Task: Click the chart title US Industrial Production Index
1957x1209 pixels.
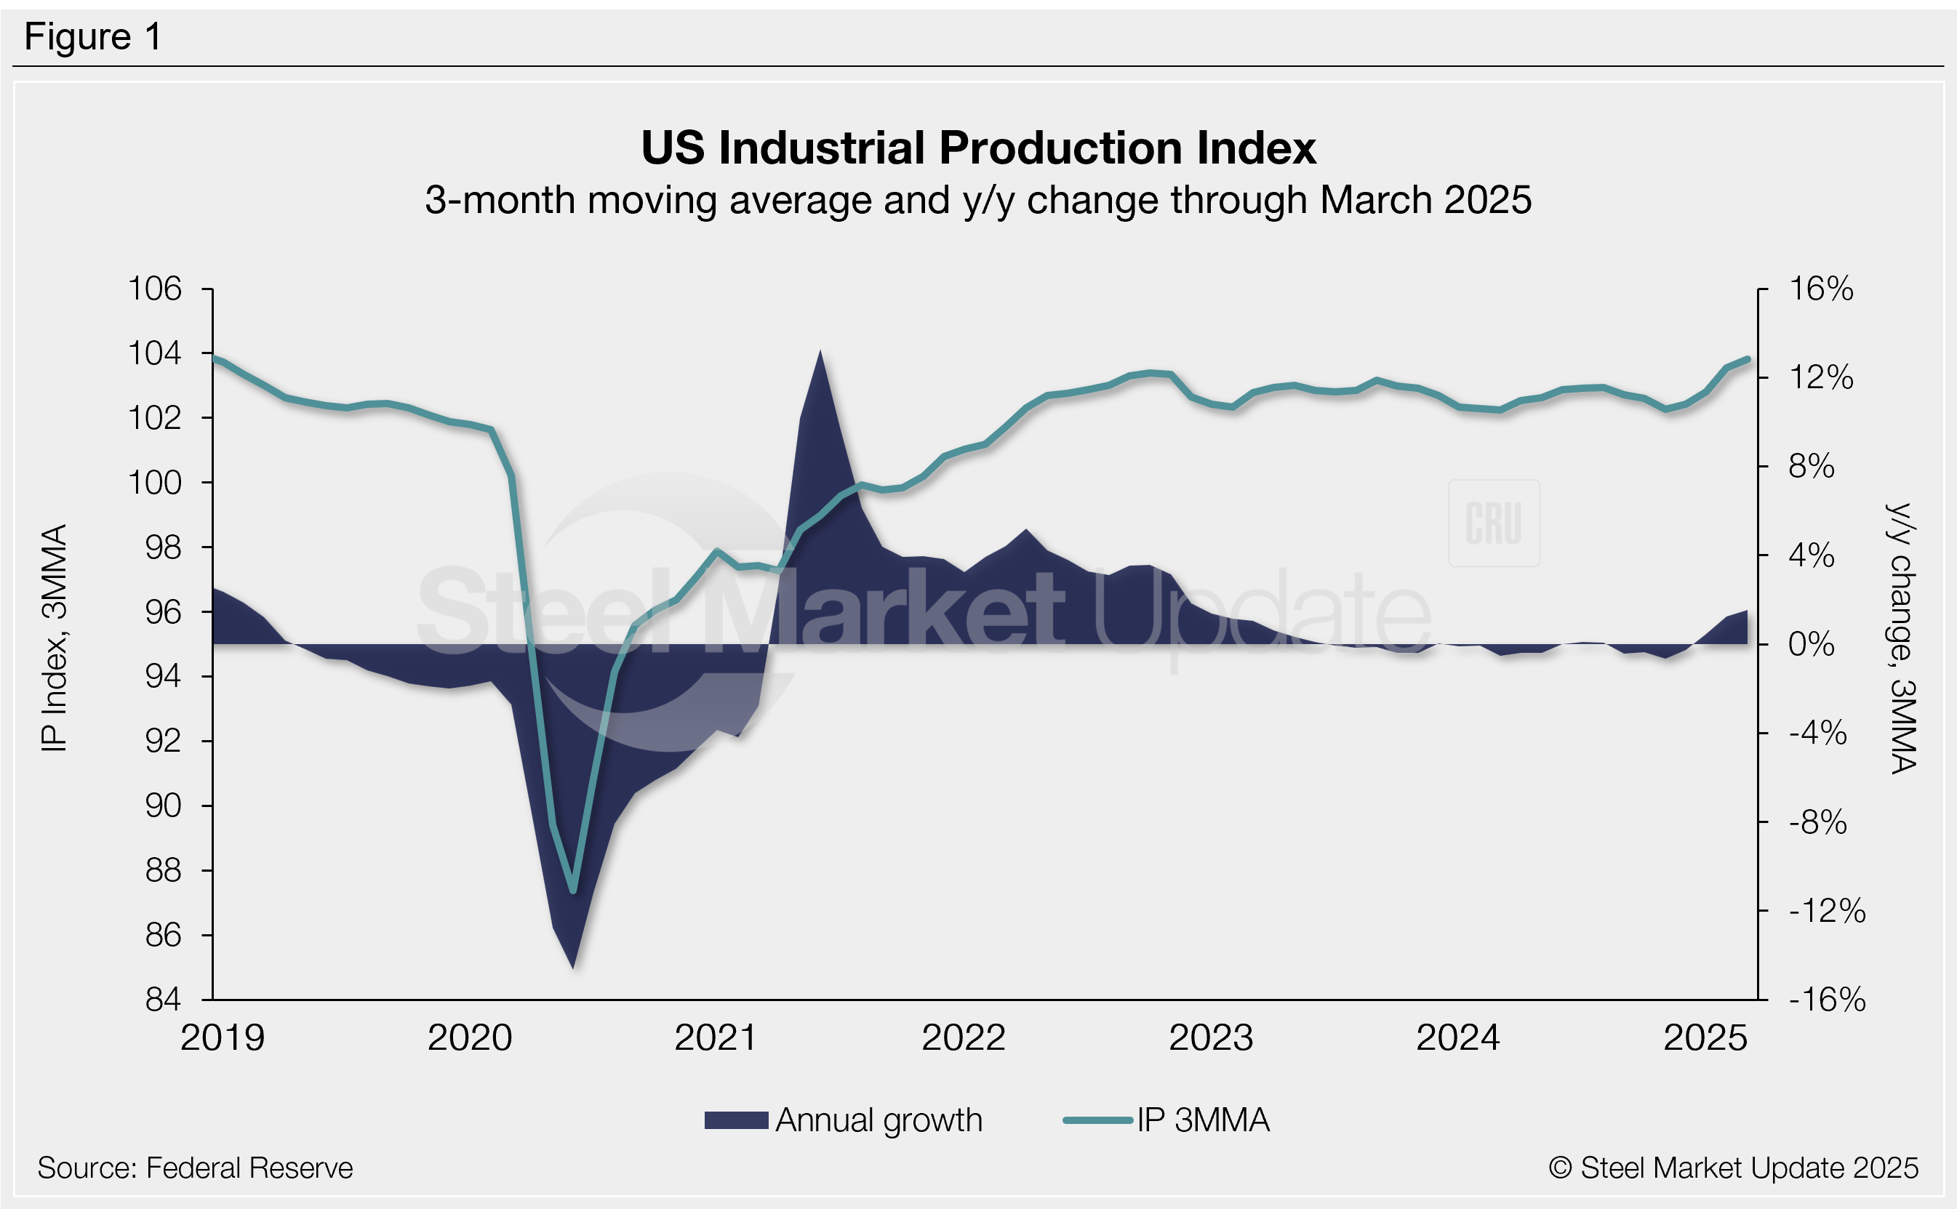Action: [x=978, y=149]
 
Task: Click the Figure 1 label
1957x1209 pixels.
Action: [x=93, y=37]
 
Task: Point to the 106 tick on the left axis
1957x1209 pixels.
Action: [x=156, y=289]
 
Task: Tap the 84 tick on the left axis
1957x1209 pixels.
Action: [x=163, y=1000]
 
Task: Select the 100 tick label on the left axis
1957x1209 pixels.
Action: [x=156, y=483]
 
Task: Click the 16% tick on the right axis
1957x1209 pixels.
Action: [x=1820, y=289]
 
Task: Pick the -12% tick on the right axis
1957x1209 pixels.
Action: [x=1827, y=911]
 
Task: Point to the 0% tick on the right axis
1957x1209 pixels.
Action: [x=1812, y=644]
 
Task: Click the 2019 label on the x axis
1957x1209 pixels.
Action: [x=223, y=1038]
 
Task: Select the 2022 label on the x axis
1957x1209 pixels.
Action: [x=963, y=1038]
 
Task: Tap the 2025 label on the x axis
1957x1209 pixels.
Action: [x=1705, y=1038]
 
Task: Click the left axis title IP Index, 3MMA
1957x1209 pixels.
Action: [x=55, y=638]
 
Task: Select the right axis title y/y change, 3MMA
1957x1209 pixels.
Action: [x=1902, y=638]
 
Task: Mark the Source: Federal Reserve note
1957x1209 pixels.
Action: [x=195, y=1168]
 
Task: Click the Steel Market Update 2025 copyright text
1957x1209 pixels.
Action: [x=1733, y=1168]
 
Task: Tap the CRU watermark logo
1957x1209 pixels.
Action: [x=1493, y=523]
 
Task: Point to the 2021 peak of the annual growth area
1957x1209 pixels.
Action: [x=820, y=352]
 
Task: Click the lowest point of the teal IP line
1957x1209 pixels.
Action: [x=572, y=891]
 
